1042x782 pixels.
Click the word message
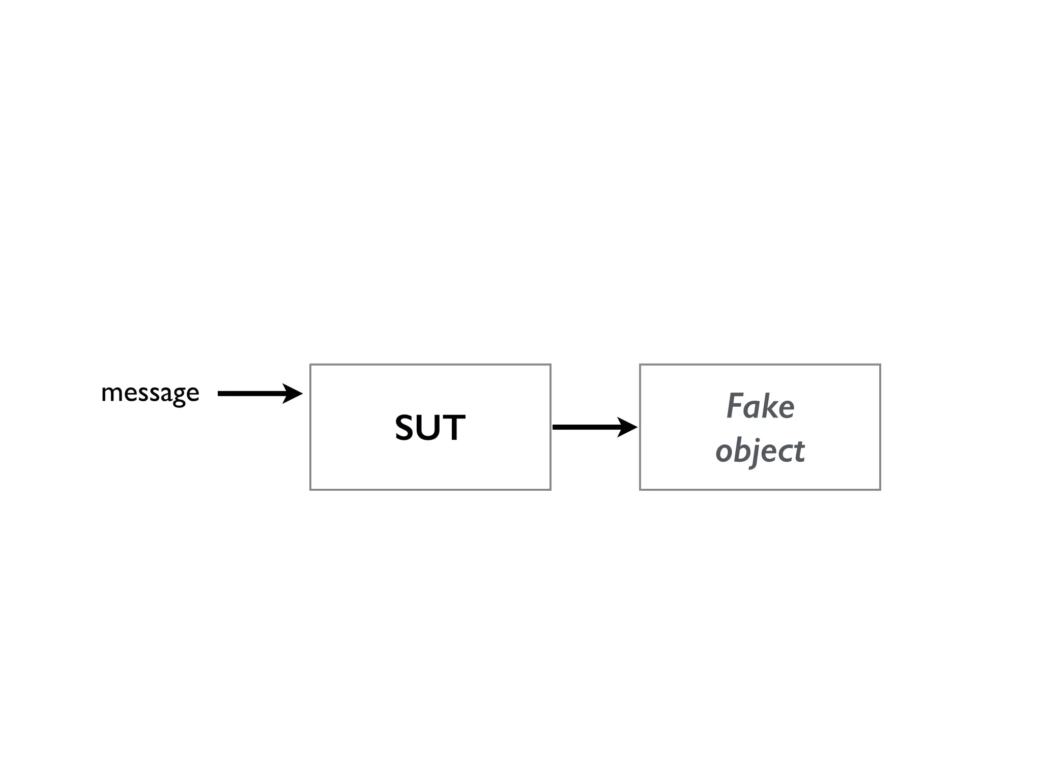pyautogui.click(x=150, y=393)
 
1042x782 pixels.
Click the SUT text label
pyautogui.click(x=430, y=428)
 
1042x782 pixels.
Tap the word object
pyautogui.click(x=760, y=451)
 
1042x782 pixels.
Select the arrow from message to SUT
pyautogui.click(x=254, y=394)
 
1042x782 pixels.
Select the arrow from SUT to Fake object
pyautogui.click(x=590, y=427)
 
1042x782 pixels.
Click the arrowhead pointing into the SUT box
pyautogui.click(x=294, y=394)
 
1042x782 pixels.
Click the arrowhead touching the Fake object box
pyautogui.click(x=628, y=427)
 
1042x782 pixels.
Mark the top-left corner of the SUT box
pyautogui.click(x=310, y=365)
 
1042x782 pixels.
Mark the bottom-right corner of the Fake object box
pyautogui.click(x=880, y=490)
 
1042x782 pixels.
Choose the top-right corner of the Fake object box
pyautogui.click(x=880, y=365)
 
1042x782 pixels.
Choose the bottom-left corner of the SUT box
pyautogui.click(x=310, y=490)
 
